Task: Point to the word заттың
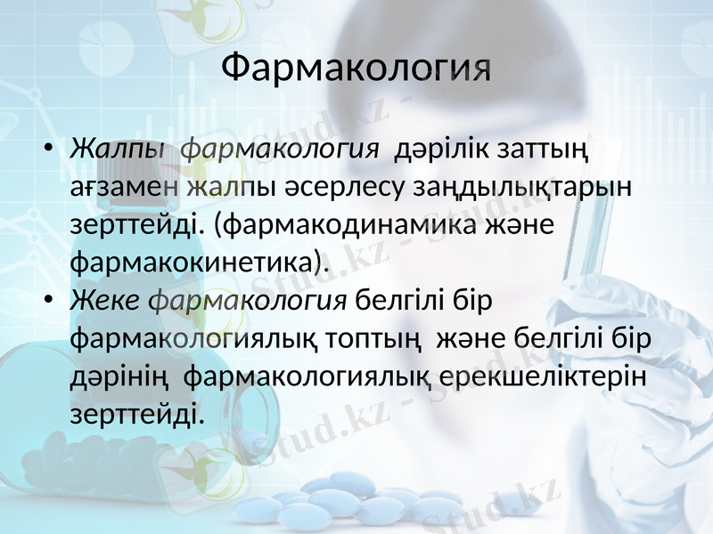point(535,150)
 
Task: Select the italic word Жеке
point(105,302)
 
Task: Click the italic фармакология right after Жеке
point(248,302)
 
